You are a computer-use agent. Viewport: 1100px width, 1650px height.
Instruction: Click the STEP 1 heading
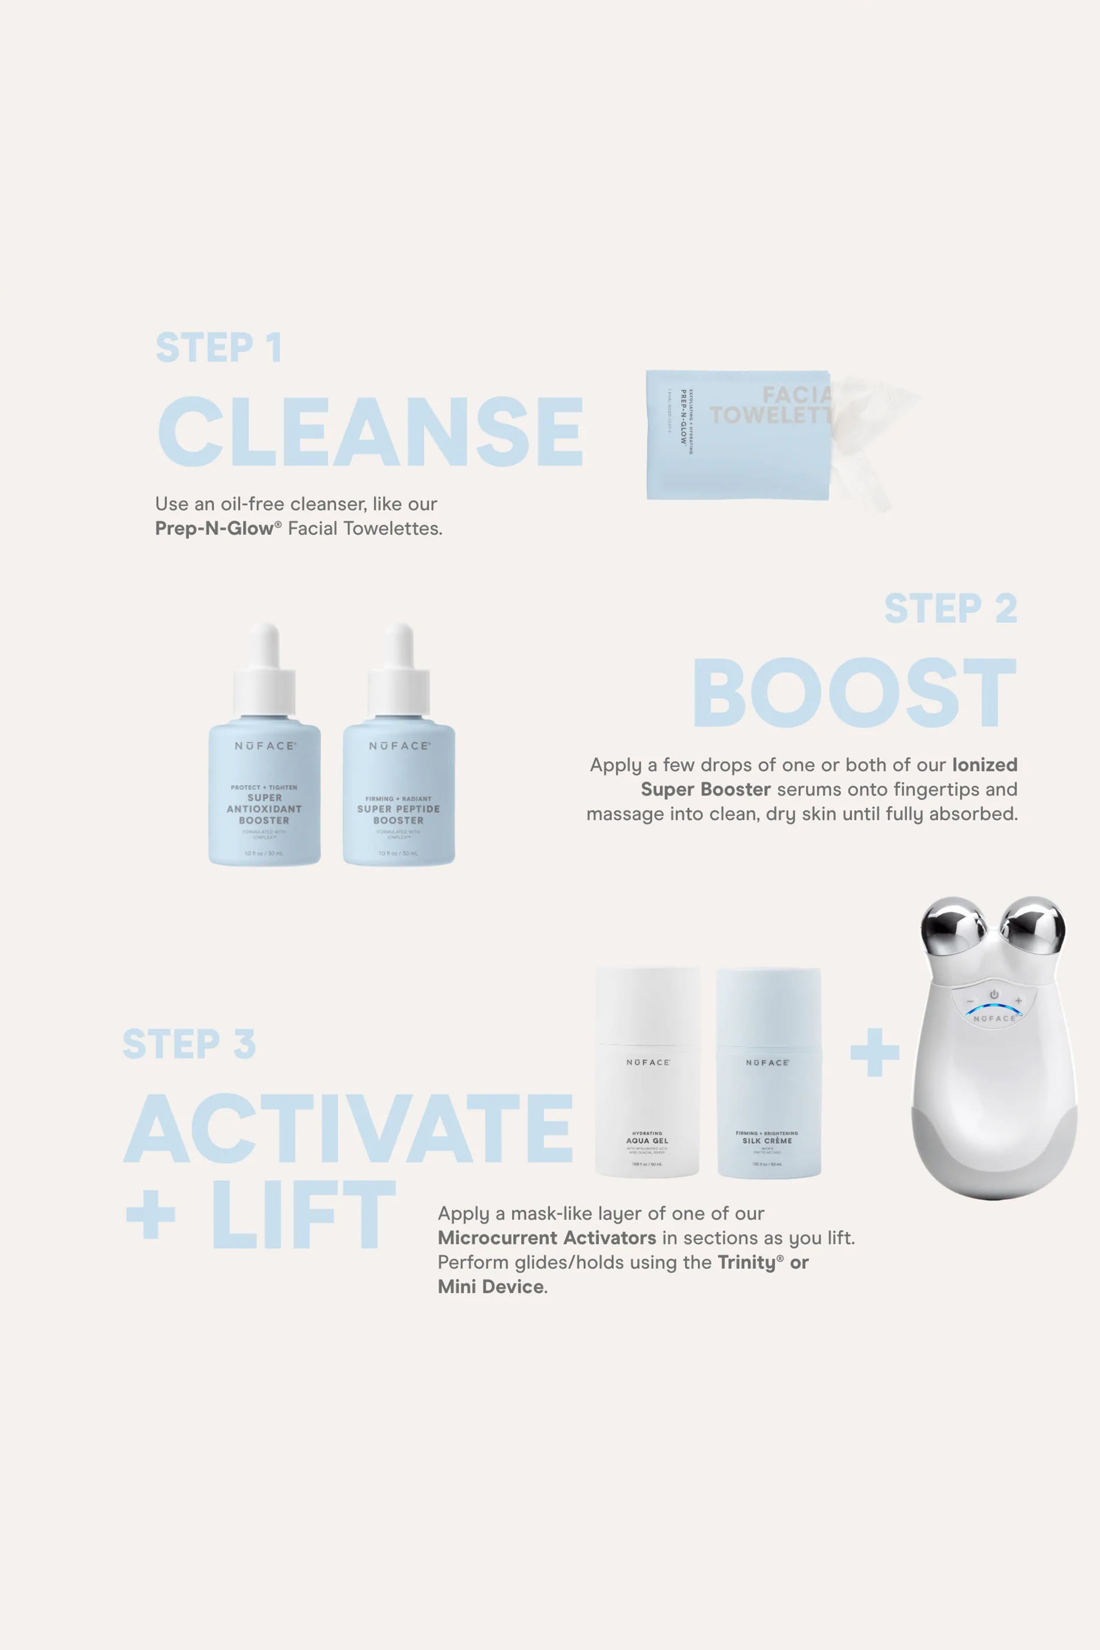[x=218, y=348]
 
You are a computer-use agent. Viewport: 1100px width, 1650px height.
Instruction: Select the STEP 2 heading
[x=950, y=609]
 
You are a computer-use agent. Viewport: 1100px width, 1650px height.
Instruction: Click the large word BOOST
[x=854, y=692]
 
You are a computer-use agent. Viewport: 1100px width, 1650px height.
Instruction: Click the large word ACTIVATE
[x=349, y=1128]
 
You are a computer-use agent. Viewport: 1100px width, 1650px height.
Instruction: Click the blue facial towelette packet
[x=737, y=435]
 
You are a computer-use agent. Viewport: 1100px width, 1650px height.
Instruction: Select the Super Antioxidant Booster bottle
[x=265, y=793]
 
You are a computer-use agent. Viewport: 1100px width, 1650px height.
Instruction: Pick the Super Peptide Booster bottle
[x=398, y=793]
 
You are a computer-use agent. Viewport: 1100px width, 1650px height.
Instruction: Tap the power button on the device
[x=994, y=995]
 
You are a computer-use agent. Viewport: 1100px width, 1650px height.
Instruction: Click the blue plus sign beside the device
[x=874, y=1052]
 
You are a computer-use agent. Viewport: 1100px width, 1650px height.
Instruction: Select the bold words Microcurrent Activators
[x=547, y=1237]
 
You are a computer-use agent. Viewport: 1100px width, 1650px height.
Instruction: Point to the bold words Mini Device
[x=490, y=1286]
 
